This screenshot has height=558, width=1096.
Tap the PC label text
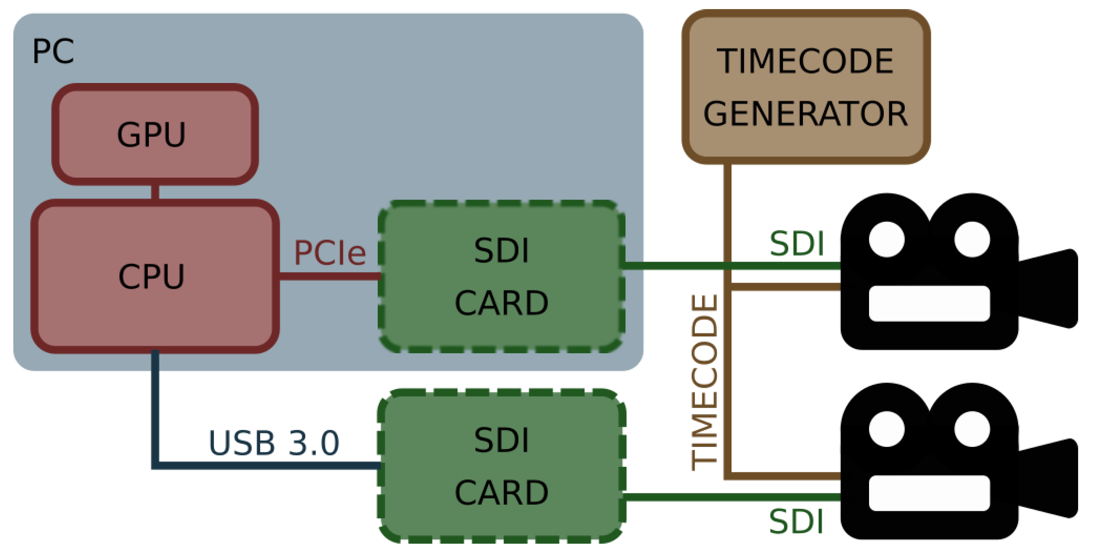click(53, 51)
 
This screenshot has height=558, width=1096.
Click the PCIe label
click(330, 253)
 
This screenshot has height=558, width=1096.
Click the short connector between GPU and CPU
click(155, 192)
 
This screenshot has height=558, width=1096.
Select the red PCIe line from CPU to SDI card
click(330, 276)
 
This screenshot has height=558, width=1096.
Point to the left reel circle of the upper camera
click(887, 239)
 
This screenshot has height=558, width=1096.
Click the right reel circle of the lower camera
click(972, 429)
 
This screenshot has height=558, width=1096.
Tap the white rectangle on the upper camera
click(929, 303)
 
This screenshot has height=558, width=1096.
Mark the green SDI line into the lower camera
click(732, 497)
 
